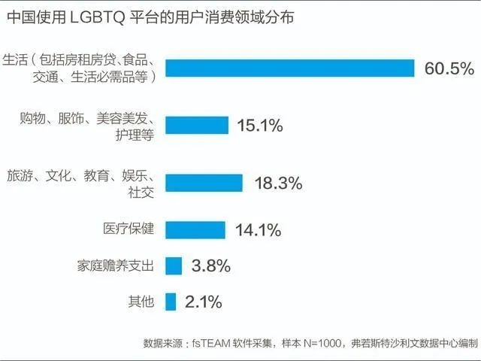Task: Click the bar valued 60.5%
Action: tap(290, 68)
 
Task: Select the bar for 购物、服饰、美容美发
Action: tap(196, 125)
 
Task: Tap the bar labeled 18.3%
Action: tap(204, 183)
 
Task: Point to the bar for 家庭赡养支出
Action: tap(174, 265)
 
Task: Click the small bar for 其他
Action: tap(171, 302)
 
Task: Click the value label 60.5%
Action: tap(449, 68)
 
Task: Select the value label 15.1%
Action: tap(259, 126)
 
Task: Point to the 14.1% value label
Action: tap(258, 229)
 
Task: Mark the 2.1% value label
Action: tap(204, 302)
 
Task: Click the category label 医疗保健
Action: tap(129, 229)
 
